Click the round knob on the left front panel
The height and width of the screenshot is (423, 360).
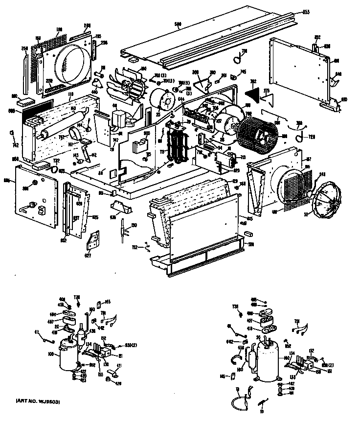34,183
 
